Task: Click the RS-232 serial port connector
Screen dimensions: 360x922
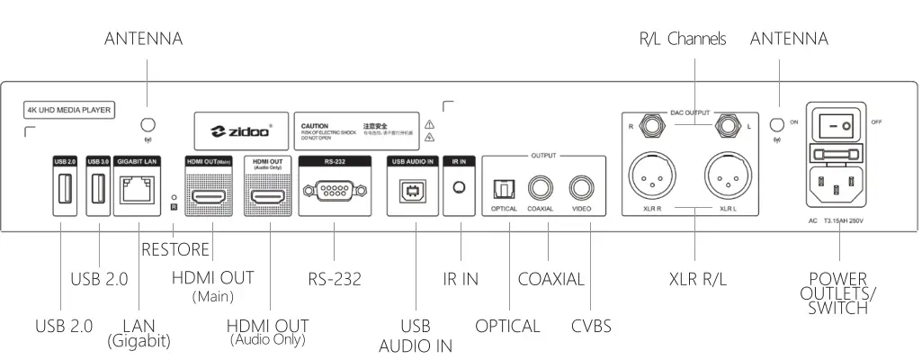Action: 334,189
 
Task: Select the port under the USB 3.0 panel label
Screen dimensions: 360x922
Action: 98,190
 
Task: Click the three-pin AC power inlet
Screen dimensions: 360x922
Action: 838,187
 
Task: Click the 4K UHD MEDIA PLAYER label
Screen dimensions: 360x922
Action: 68,111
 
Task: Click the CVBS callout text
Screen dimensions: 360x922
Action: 591,326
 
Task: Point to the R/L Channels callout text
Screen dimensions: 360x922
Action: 683,39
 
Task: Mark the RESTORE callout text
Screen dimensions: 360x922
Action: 175,249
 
